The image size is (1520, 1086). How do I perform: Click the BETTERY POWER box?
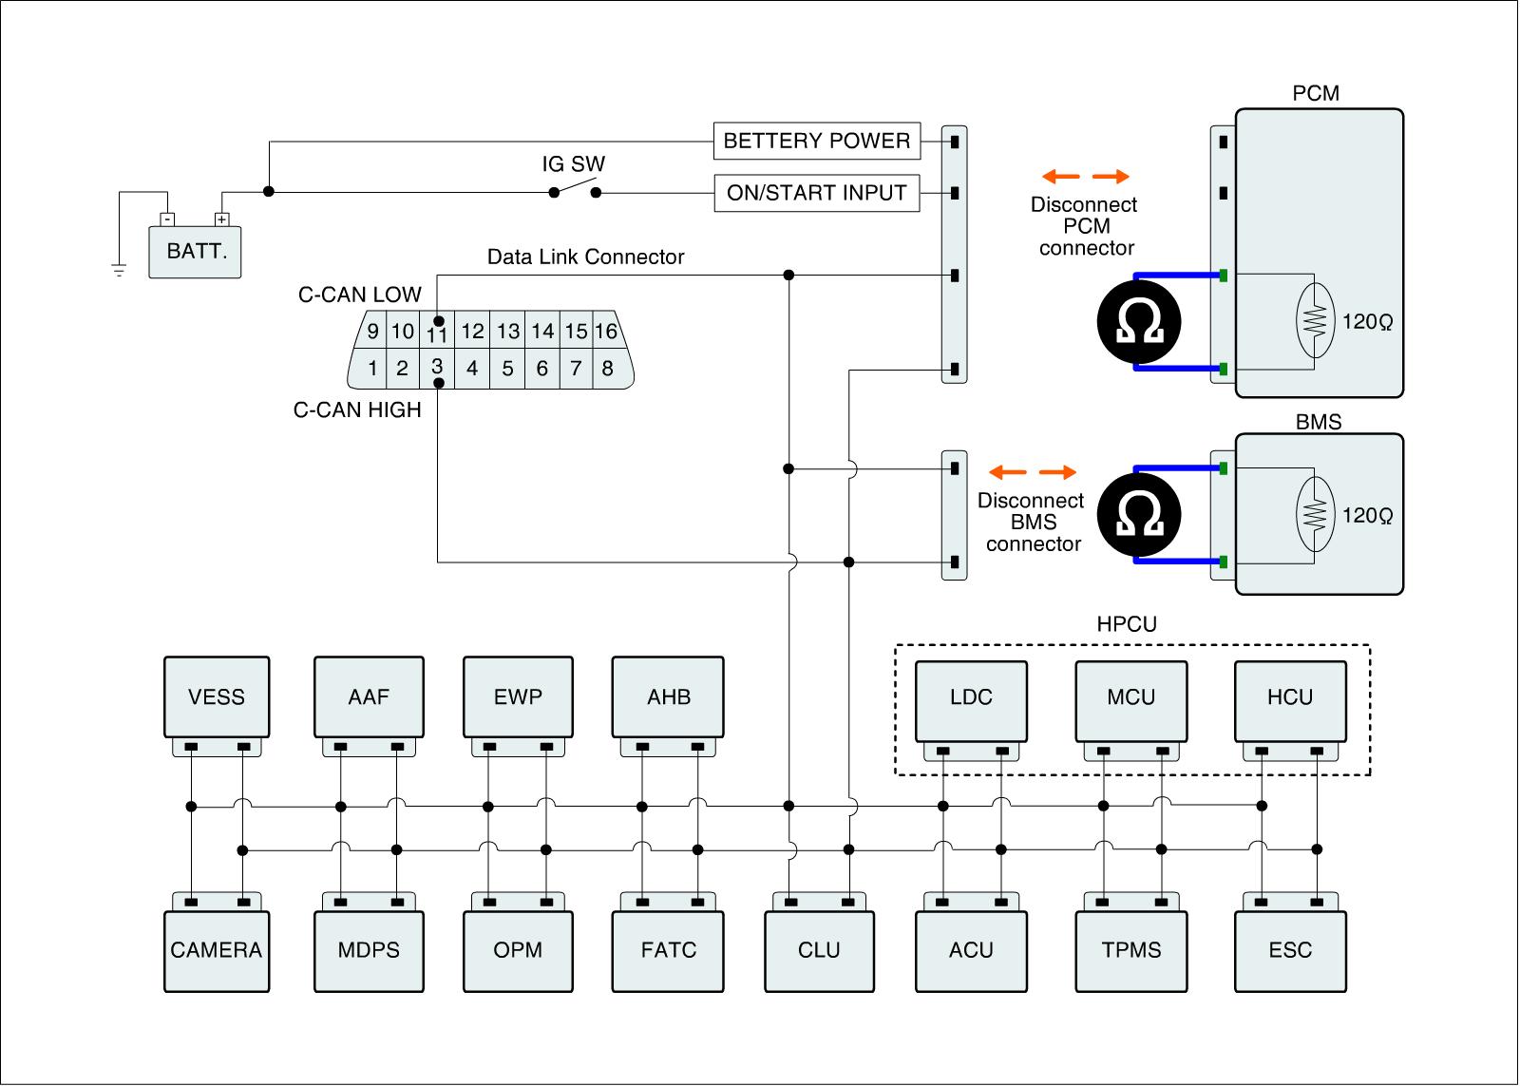click(817, 142)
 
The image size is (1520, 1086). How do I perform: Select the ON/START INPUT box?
click(817, 193)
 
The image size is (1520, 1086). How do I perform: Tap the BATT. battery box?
click(196, 252)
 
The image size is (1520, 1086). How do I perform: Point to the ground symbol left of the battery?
click(119, 270)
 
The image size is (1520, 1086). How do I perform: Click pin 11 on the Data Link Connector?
click(437, 333)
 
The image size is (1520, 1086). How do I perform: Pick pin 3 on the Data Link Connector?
click(437, 368)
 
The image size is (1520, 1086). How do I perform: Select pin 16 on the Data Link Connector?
click(607, 332)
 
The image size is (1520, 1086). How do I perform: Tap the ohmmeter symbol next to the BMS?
click(1138, 515)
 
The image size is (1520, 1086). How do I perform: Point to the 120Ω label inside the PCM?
click(1367, 322)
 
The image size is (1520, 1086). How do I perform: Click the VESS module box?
click(217, 696)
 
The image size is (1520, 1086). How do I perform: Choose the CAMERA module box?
click(217, 950)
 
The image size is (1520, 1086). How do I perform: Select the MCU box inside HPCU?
click(1130, 697)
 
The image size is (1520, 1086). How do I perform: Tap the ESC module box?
click(1289, 950)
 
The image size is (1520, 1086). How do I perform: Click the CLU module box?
click(819, 950)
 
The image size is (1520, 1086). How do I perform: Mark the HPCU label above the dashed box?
click(1127, 625)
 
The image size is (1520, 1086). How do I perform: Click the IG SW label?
click(574, 164)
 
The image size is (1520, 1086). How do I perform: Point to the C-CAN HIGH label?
click(357, 410)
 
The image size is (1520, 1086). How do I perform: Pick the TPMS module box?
click(1130, 950)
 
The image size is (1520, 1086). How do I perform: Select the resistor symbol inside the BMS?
click(1314, 515)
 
